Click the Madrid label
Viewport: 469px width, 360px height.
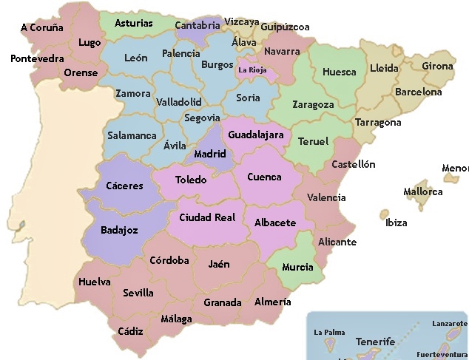point(209,154)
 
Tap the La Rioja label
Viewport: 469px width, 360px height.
point(253,71)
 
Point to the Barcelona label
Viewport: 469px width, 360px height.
point(418,92)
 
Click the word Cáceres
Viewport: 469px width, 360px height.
point(124,186)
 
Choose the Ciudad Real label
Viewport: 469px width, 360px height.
point(207,217)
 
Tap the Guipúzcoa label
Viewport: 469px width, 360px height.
point(285,27)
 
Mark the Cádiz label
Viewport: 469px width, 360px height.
point(129,331)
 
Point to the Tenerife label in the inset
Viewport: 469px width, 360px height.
point(375,342)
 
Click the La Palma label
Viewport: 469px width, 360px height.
point(329,333)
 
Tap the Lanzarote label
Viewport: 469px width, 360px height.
point(449,324)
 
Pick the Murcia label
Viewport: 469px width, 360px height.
point(297,267)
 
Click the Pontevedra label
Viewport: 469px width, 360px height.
point(37,58)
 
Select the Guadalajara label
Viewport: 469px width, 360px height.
point(256,135)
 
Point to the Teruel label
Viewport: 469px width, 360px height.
point(313,141)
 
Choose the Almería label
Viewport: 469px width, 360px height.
point(272,302)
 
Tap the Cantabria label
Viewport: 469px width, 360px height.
point(198,25)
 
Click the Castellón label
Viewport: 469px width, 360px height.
point(353,164)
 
